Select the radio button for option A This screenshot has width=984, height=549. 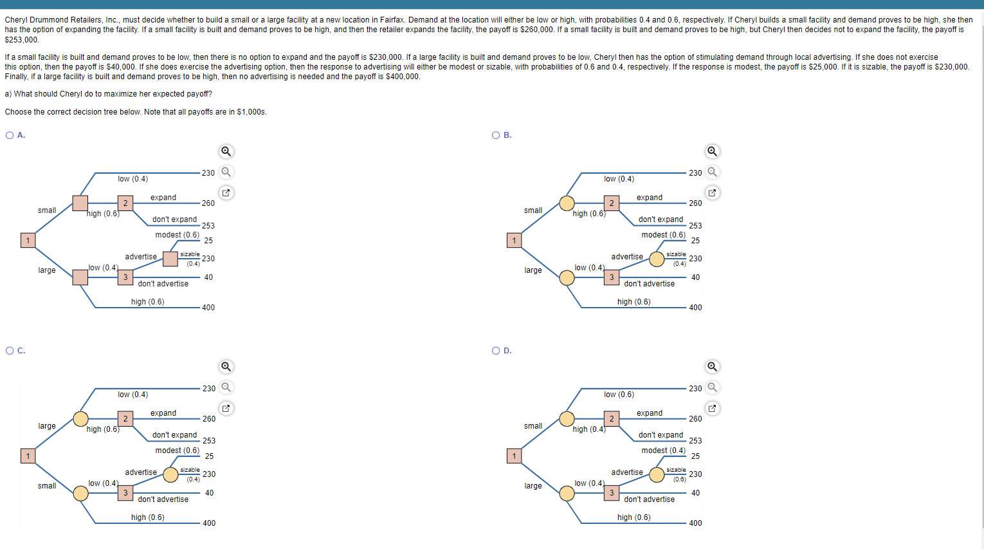pyautogui.click(x=10, y=135)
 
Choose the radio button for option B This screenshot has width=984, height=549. pyautogui.click(x=496, y=135)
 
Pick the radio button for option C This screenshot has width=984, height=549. pyautogui.click(x=10, y=351)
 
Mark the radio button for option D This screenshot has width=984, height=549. pyautogui.click(x=496, y=351)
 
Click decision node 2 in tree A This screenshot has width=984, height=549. pyautogui.click(x=125, y=203)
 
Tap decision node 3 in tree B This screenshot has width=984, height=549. pyautogui.click(x=612, y=277)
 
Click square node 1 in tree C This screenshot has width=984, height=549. pyautogui.click(x=28, y=456)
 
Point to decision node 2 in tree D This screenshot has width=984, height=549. pyautogui.click(x=612, y=419)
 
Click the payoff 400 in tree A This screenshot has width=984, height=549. pyautogui.click(x=208, y=308)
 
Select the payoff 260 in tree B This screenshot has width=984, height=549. pyautogui.click(x=695, y=203)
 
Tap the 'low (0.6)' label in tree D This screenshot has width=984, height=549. pyautogui.click(x=619, y=395)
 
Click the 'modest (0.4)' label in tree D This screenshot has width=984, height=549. pyautogui.click(x=663, y=451)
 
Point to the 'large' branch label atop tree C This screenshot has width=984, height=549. pyautogui.click(x=47, y=426)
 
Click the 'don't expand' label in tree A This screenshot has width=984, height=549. pyautogui.click(x=175, y=219)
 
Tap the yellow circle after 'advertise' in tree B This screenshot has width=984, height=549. pyautogui.click(x=657, y=259)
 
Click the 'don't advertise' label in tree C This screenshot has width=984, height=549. pyautogui.click(x=163, y=499)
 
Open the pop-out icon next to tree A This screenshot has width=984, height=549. pyautogui.click(x=226, y=193)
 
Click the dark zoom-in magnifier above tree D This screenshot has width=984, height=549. pyautogui.click(x=712, y=367)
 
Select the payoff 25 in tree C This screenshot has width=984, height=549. pyautogui.click(x=209, y=456)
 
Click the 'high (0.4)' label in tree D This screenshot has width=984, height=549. pyautogui.click(x=589, y=429)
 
